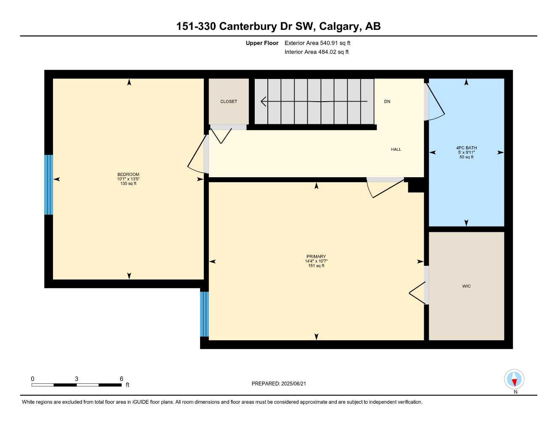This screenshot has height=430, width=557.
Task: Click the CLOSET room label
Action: point(229,102)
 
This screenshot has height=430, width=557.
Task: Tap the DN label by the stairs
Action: point(387,102)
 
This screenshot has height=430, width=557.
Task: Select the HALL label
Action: point(396,149)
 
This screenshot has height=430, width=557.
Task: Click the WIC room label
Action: point(466,286)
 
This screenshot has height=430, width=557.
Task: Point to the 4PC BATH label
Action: point(466,148)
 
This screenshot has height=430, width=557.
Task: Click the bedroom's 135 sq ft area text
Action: point(128,184)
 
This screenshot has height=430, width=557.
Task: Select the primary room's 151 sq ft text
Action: point(316,266)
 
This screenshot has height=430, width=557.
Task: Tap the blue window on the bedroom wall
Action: point(49,185)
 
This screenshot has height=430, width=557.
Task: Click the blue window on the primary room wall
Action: point(204,314)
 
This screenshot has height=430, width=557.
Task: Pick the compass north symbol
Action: point(514,380)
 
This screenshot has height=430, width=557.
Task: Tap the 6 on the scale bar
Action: point(121,379)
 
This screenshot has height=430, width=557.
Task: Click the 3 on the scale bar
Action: point(77,379)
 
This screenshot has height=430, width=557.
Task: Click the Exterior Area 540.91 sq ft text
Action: point(317,43)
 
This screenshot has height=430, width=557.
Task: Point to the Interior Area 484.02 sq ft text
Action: point(317,52)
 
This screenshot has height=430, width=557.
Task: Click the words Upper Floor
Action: point(262,43)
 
